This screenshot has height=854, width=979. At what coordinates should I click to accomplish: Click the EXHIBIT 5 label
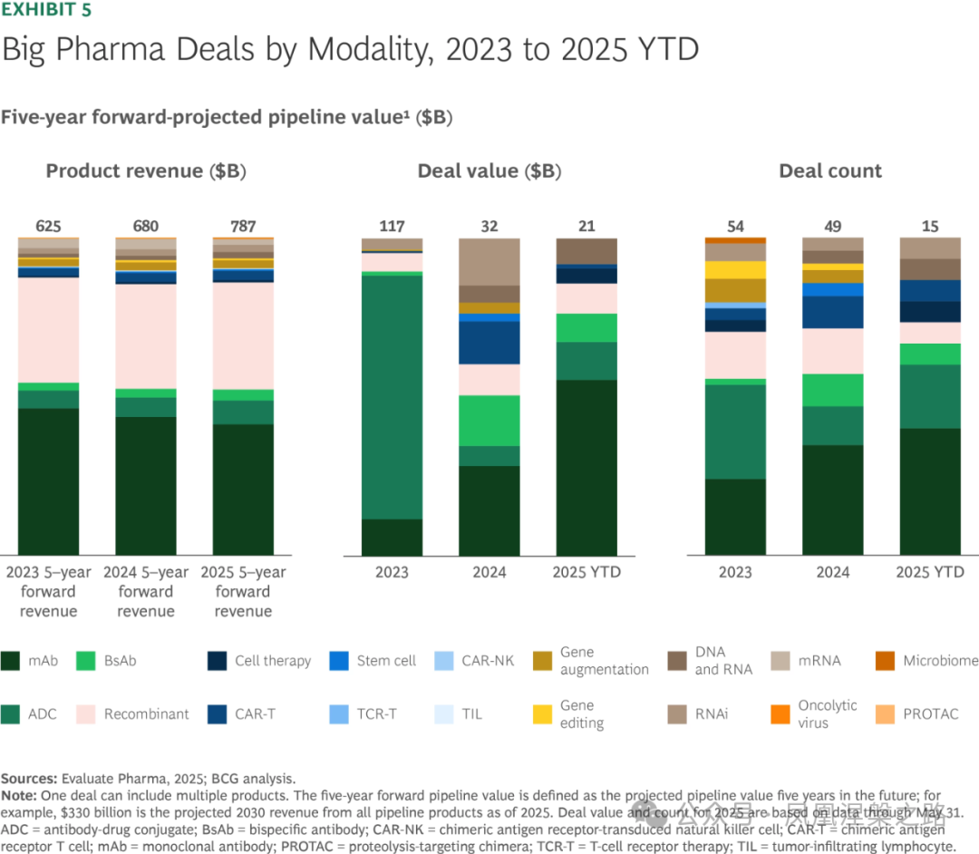tap(45, 11)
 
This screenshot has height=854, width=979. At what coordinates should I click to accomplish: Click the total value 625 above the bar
tap(48, 226)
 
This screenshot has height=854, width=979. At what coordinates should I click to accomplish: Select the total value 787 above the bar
tap(243, 226)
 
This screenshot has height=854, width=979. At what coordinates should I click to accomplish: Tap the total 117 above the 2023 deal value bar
tap(392, 226)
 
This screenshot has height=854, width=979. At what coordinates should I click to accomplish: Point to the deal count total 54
tap(735, 226)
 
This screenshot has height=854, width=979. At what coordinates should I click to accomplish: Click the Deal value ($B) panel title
tap(489, 171)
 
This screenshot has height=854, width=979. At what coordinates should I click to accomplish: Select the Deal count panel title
tap(830, 171)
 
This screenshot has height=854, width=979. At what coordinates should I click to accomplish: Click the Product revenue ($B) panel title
tap(146, 171)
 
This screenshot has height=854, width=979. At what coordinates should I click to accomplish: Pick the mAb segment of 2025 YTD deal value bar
tap(586, 467)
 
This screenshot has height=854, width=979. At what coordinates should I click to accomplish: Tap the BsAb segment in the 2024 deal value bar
tap(489, 420)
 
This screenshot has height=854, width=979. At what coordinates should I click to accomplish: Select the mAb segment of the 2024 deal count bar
tap(833, 500)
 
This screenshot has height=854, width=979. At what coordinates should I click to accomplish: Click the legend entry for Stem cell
tap(386, 660)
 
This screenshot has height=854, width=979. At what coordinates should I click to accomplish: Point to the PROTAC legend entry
tap(930, 713)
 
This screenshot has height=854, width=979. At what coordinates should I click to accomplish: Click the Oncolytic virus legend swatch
tap(779, 713)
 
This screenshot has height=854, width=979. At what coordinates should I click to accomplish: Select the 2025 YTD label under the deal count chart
tap(930, 572)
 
